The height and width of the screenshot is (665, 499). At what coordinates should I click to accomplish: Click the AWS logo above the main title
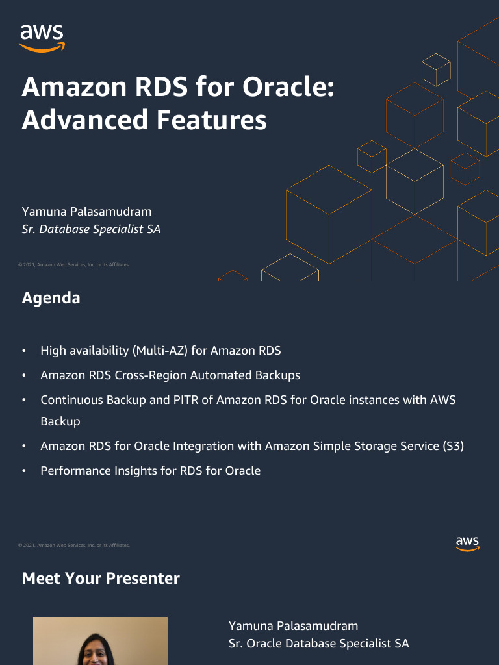coord(42,38)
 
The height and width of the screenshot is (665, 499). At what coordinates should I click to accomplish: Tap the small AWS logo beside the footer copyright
coord(467,544)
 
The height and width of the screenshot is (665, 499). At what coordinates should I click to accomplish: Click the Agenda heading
coord(51,298)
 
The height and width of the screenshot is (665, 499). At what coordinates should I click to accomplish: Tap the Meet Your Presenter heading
coord(101,579)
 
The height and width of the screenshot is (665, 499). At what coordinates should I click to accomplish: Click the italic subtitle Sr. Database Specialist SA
coord(91,229)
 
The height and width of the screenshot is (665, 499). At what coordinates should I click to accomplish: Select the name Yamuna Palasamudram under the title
coord(86,212)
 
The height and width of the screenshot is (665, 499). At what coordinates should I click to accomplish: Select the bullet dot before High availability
coord(24,351)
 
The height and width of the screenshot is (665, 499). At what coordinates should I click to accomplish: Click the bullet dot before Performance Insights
coord(24,471)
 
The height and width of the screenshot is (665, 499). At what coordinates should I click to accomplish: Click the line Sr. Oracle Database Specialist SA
coord(318,644)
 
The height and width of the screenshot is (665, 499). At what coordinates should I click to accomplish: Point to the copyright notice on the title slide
coord(74,265)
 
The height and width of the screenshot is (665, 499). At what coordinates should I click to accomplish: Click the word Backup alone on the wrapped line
coord(60,421)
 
